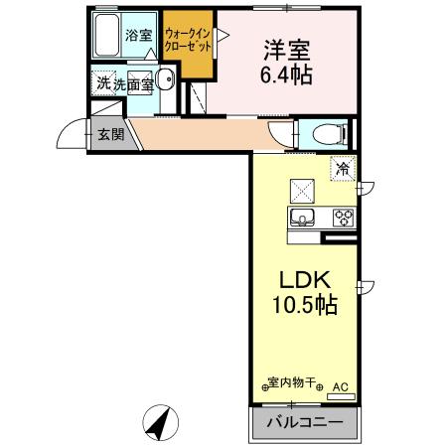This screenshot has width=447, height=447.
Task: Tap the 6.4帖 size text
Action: tap(287, 75)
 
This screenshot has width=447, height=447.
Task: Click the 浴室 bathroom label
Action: tap(138, 36)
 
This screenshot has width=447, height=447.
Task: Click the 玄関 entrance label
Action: tap(111, 134)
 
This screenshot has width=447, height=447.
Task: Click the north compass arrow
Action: tap(159, 422)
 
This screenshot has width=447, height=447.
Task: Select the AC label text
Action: tap(340, 385)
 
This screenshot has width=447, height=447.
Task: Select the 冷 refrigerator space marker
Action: tap(343, 169)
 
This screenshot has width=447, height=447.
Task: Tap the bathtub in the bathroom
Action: tap(107, 37)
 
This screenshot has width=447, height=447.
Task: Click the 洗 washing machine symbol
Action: tap(103, 83)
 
